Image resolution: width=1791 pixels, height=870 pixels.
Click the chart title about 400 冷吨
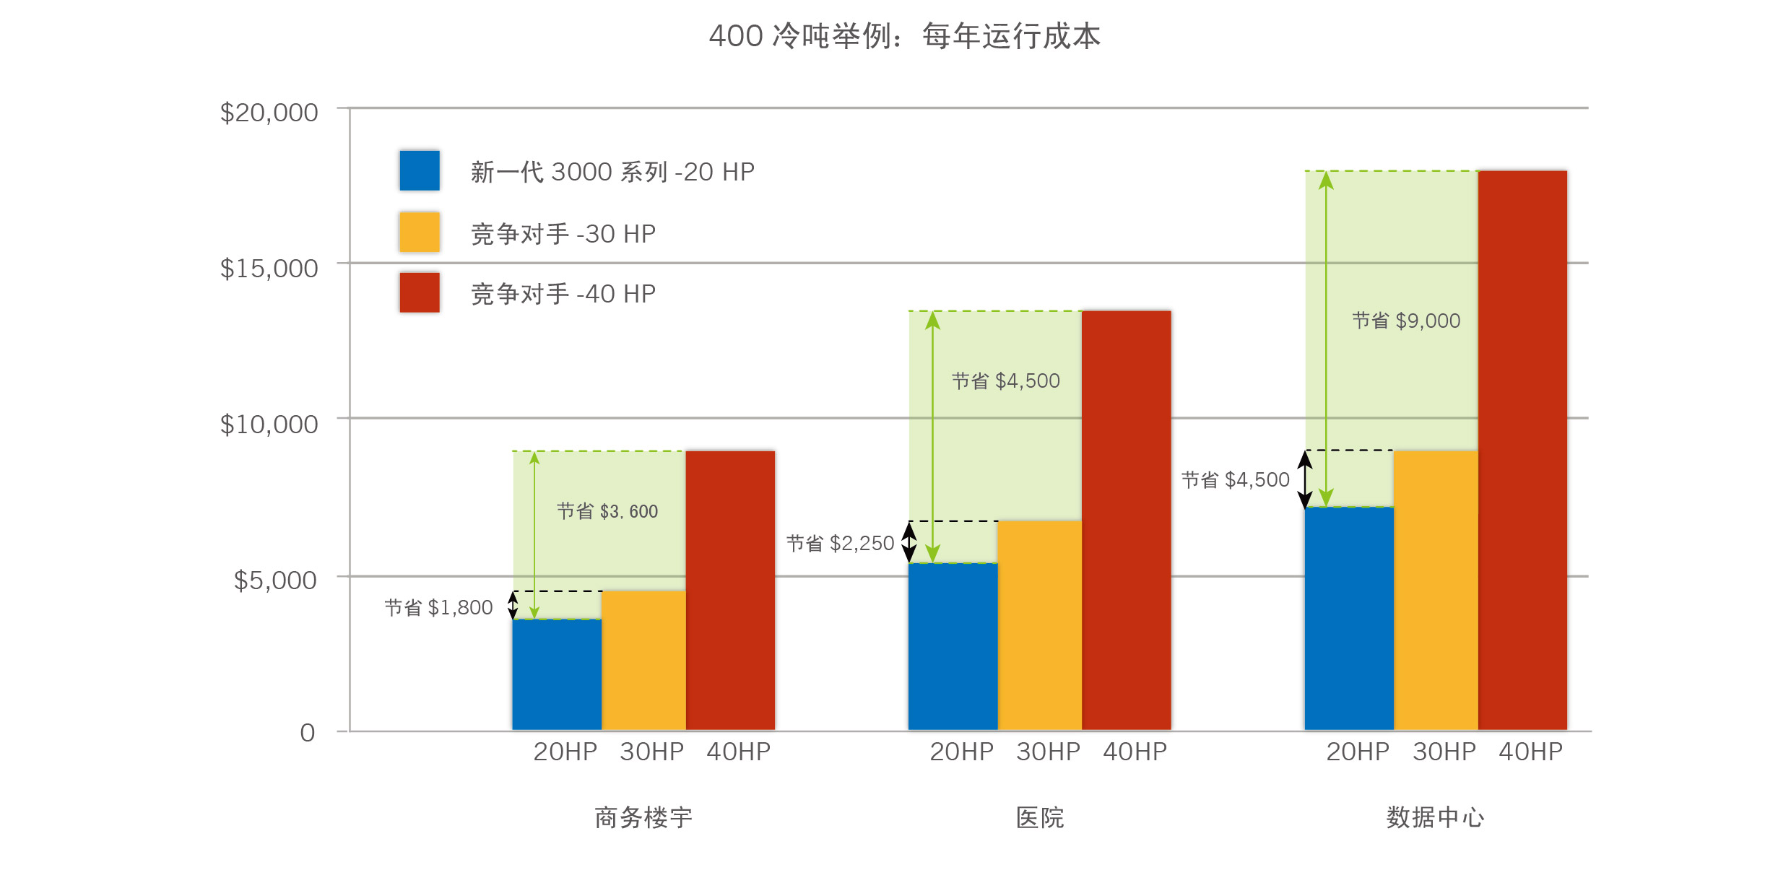click(x=904, y=36)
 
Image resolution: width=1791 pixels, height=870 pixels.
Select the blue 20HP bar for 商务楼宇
click(x=557, y=674)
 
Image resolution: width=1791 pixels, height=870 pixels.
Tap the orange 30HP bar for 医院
click(x=1039, y=625)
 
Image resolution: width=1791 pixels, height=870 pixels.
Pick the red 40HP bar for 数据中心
click(x=1522, y=450)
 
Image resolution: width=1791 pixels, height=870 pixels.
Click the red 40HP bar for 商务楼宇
click(x=730, y=590)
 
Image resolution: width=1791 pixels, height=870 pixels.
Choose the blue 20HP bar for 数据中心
click(x=1349, y=618)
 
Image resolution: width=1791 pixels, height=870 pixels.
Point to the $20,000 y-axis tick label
click(x=269, y=113)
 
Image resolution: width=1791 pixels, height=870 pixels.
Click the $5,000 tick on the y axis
click(x=275, y=580)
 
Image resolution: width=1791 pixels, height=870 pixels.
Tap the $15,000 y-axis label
click(x=269, y=269)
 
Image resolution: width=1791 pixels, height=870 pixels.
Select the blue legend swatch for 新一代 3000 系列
click(x=420, y=170)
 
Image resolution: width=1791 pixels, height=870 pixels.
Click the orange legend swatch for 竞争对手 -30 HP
click(x=420, y=232)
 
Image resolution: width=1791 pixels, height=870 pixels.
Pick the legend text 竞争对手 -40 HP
click(x=563, y=294)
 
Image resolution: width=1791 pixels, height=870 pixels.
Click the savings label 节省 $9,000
click(x=1406, y=321)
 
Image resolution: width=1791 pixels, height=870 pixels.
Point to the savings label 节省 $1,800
click(x=438, y=608)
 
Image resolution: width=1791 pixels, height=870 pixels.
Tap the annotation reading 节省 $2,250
click(x=840, y=543)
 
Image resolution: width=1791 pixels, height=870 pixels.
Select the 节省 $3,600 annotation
click(x=607, y=511)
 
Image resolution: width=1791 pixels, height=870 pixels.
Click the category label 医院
click(x=1040, y=817)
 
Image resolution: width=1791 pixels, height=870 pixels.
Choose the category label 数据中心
click(x=1435, y=817)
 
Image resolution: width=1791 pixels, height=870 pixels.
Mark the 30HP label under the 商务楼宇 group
click(x=651, y=752)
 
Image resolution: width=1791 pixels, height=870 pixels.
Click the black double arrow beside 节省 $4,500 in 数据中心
click(x=1305, y=479)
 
